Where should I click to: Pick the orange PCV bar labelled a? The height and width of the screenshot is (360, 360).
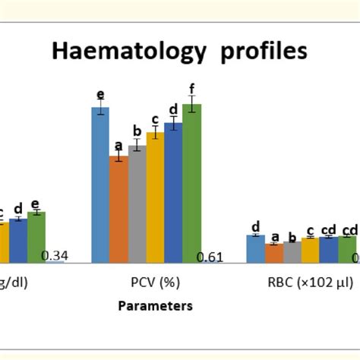coord(118,209)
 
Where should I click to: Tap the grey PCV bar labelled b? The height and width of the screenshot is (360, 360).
coord(137,204)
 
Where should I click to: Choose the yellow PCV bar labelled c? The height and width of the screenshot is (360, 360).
coord(155,197)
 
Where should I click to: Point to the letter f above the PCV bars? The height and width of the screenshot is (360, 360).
coord(192,88)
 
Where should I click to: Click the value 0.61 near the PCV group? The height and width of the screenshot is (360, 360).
coord(210,257)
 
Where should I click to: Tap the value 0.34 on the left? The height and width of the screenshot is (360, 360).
coord(55,256)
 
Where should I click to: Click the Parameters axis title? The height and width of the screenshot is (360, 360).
coord(155,306)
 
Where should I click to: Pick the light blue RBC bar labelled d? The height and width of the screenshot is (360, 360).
coord(256,248)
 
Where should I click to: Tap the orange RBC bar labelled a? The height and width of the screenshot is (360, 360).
coord(274,253)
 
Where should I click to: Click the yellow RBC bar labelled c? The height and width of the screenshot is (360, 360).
coord(311,250)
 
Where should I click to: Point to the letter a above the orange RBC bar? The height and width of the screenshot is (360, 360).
coord(274,236)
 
